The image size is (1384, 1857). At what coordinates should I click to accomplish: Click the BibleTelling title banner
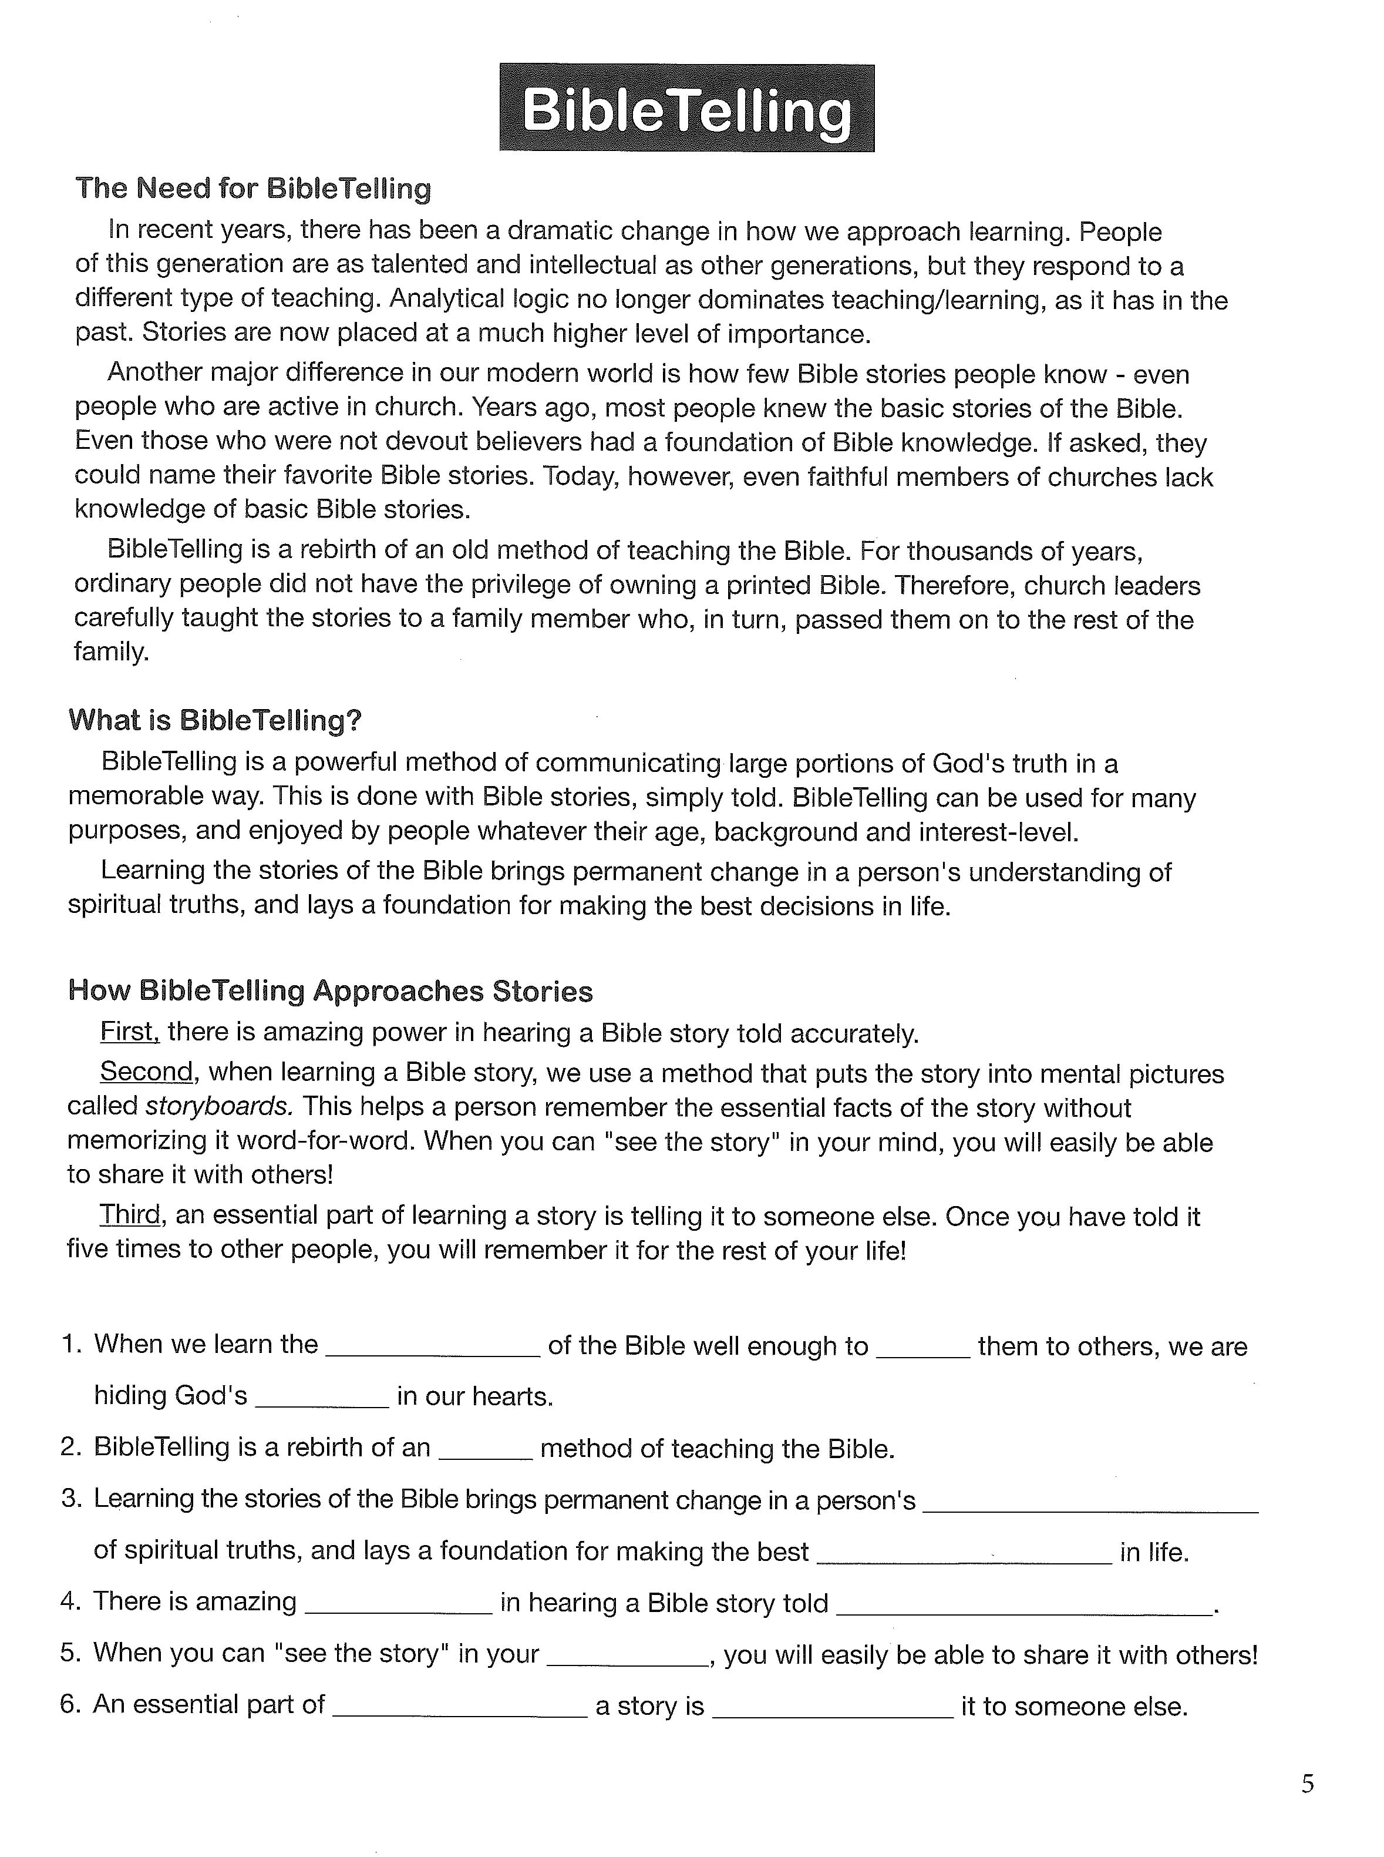686,108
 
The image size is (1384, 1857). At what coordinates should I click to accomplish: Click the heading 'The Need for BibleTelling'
253,189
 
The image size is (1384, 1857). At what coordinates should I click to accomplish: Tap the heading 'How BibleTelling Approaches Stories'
330,990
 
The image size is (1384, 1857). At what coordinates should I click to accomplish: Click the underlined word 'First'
129,1032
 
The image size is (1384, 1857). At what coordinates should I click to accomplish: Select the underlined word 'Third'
129,1214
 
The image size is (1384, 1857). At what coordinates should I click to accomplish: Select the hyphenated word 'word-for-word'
326,1141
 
